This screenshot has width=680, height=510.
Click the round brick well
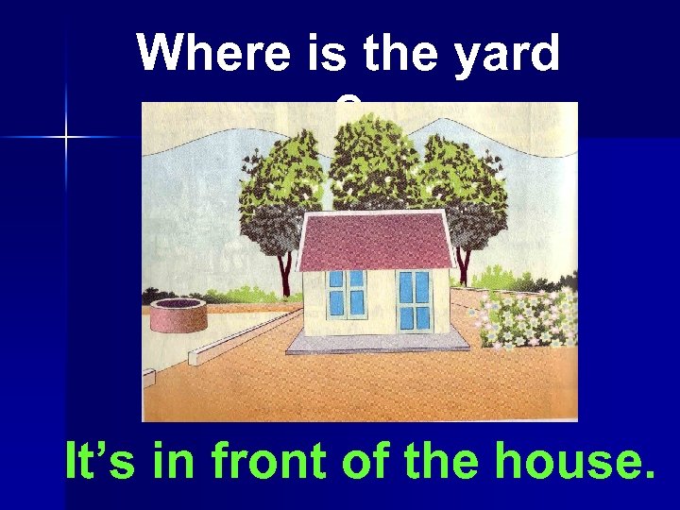178,316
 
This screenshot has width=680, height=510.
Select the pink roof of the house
376,240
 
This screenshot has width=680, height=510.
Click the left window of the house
347,293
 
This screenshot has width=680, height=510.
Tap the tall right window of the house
413,299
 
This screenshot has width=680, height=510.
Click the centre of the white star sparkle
67,138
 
